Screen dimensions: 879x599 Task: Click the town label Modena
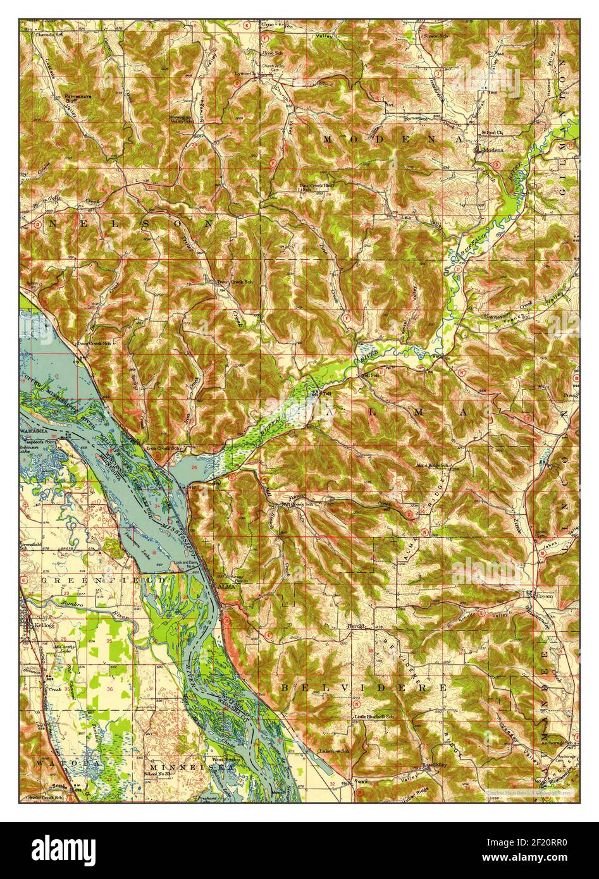coord(493,151)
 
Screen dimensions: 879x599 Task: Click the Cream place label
coord(545,595)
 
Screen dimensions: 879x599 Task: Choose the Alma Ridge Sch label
coord(432,465)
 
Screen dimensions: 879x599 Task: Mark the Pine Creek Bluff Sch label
coord(317,187)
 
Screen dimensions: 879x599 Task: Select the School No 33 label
coord(159,774)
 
